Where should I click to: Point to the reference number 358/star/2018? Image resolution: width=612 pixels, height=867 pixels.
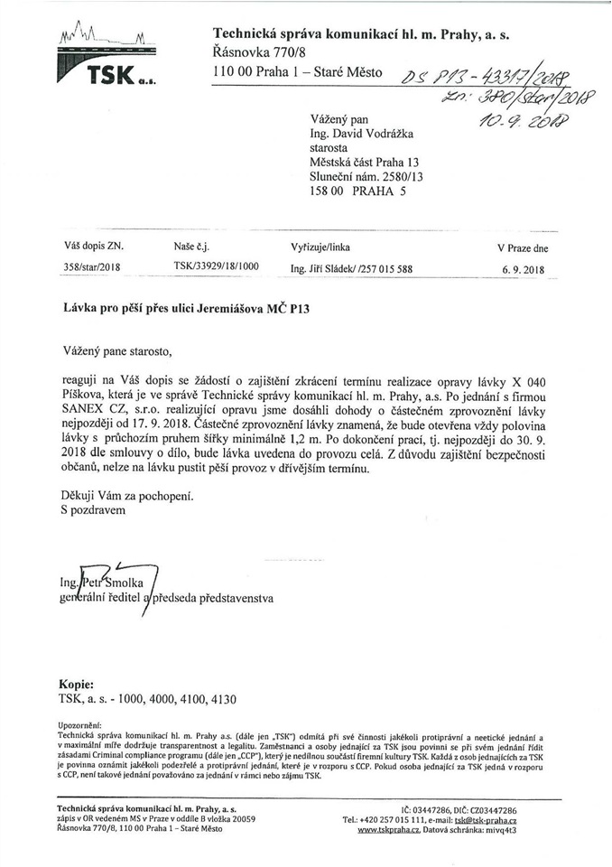point(93,267)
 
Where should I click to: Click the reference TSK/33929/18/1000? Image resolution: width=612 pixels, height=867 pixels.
point(216,267)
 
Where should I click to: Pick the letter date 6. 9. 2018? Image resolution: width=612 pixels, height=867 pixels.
point(524,269)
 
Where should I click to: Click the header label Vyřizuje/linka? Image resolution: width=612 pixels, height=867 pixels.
point(320,247)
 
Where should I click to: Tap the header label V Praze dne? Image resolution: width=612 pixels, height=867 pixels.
point(523,247)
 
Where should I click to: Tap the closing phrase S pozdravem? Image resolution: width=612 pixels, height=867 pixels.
point(94,510)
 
